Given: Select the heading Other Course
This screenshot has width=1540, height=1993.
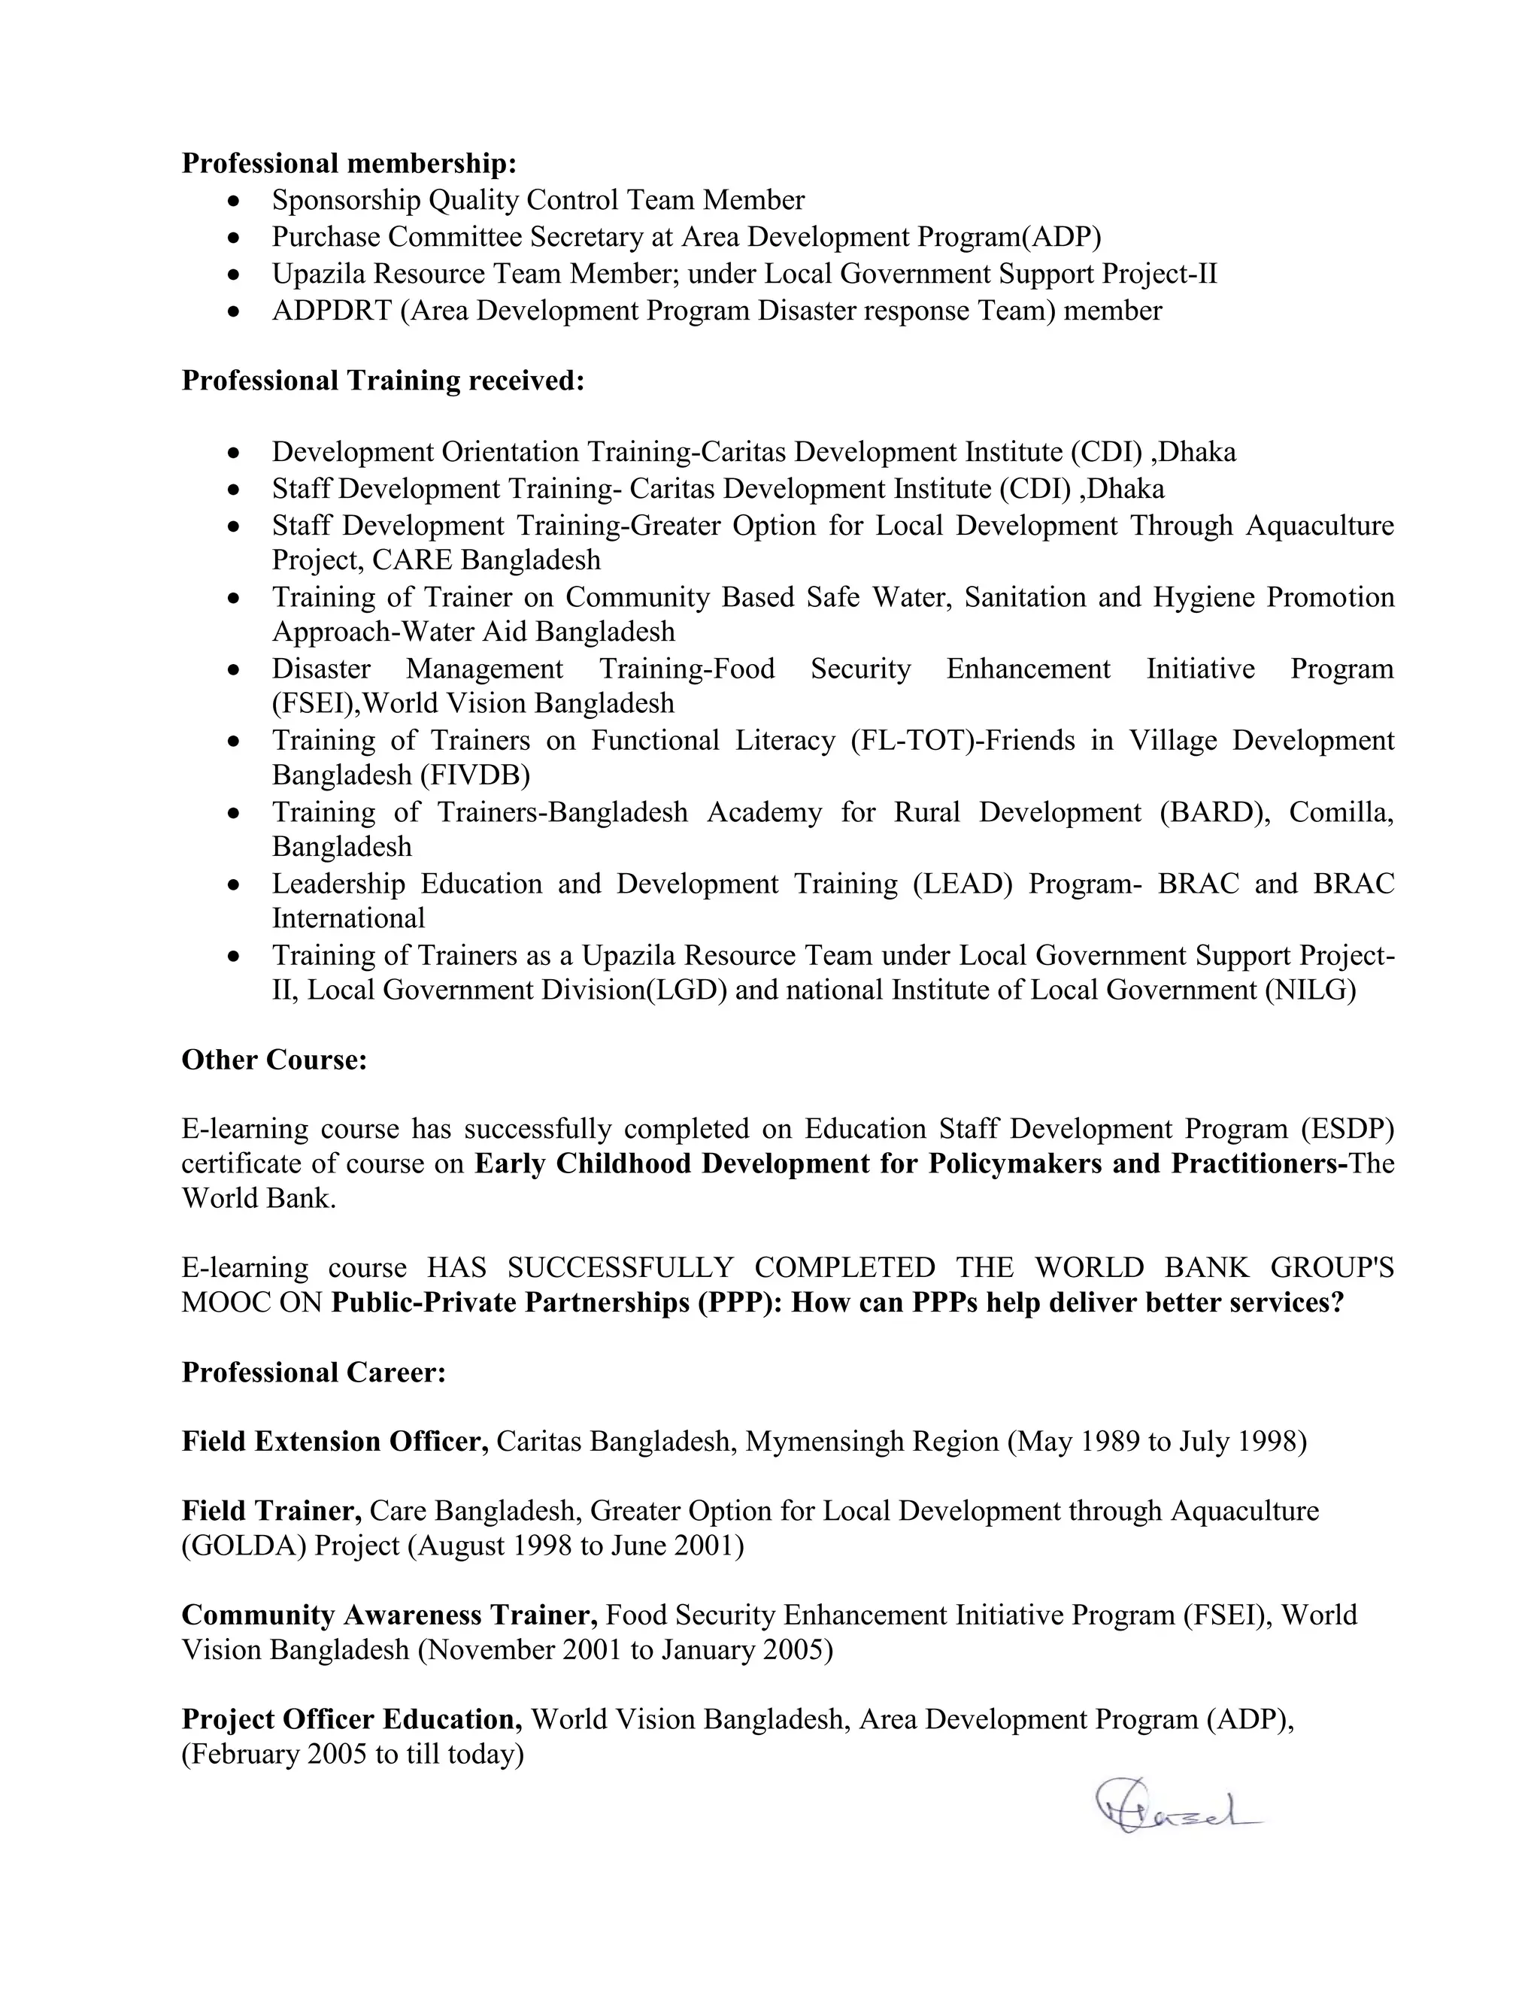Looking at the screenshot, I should pyautogui.click(x=274, y=1060).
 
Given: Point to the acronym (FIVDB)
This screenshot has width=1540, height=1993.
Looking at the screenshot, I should pyautogui.click(x=474, y=775).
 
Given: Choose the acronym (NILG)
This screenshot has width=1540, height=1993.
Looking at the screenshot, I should pyautogui.click(x=1310, y=990).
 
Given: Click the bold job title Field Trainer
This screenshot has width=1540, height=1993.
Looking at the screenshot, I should pyautogui.click(x=271, y=1510).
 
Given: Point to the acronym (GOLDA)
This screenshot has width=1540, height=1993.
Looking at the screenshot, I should pyautogui.click(x=244, y=1546).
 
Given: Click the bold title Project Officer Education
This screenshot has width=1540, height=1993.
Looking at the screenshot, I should pyautogui.click(x=351, y=1719).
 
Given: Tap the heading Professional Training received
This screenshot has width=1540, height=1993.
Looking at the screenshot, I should pyautogui.click(x=382, y=381).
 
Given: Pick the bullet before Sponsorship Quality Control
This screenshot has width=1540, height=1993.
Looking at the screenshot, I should pyautogui.click(x=235, y=201).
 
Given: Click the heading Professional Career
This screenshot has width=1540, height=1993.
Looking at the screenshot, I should pyautogui.click(x=313, y=1372).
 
